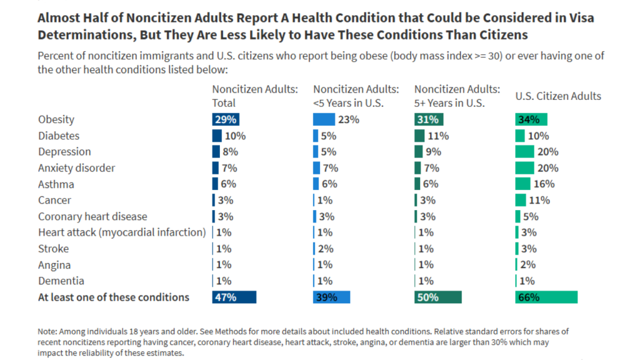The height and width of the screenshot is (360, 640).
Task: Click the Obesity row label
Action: (56, 119)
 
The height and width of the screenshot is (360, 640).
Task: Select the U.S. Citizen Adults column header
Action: (558, 96)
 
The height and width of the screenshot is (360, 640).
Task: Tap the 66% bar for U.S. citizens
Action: (546, 297)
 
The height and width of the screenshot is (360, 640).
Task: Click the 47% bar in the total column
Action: (234, 297)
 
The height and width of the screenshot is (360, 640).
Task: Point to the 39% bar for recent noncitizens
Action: (331, 297)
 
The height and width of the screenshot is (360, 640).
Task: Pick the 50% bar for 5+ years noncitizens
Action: (437, 297)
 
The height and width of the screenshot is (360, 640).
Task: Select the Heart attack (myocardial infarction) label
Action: (122, 232)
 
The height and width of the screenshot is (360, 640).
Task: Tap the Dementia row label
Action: (61, 281)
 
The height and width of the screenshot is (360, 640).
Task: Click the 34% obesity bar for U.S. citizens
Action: (531, 119)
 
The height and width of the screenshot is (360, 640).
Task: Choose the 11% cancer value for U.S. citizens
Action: (539, 201)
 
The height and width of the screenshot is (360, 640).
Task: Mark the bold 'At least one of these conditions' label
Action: (114, 297)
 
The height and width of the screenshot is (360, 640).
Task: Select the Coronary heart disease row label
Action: (92, 217)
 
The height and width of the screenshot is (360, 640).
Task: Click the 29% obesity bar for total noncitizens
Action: (225, 119)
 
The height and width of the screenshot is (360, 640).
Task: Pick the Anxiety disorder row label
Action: (76, 168)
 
